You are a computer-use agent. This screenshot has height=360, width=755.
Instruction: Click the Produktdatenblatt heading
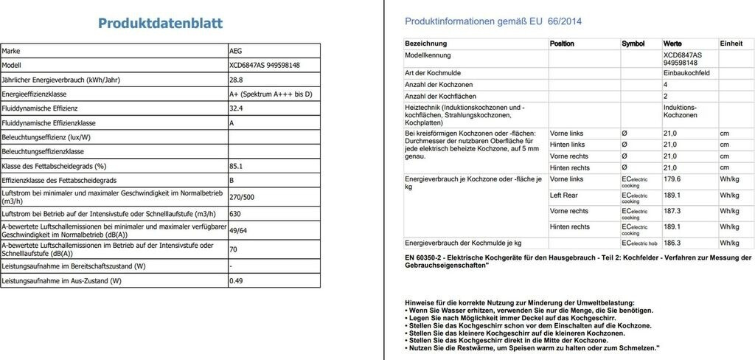coord(160,24)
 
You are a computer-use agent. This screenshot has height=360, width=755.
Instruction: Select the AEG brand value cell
coord(236,51)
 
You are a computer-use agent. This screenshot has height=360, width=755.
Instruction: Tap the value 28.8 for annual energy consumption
coord(236,80)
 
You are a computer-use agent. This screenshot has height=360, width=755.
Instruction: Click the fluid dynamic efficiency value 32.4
coord(236,108)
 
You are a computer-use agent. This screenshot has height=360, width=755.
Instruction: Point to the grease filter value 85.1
coord(236,166)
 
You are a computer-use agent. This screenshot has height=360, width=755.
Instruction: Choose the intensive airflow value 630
coord(235,213)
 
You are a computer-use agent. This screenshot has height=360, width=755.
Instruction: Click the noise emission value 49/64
coord(237,230)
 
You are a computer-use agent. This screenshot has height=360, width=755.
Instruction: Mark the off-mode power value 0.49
coord(236,281)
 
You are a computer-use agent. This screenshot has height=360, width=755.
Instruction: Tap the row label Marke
coord(12,51)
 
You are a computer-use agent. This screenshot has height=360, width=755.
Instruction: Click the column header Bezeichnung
coord(426,44)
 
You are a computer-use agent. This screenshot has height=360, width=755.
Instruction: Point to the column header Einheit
coord(731,44)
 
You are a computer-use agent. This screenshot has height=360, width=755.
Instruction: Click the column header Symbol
coord(633,44)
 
